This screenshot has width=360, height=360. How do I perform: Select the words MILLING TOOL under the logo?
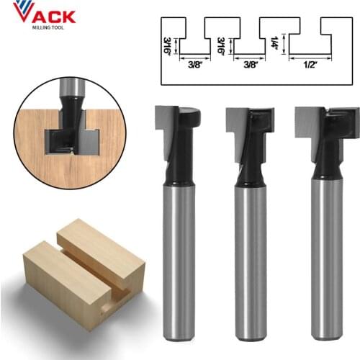coord(48,29)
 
